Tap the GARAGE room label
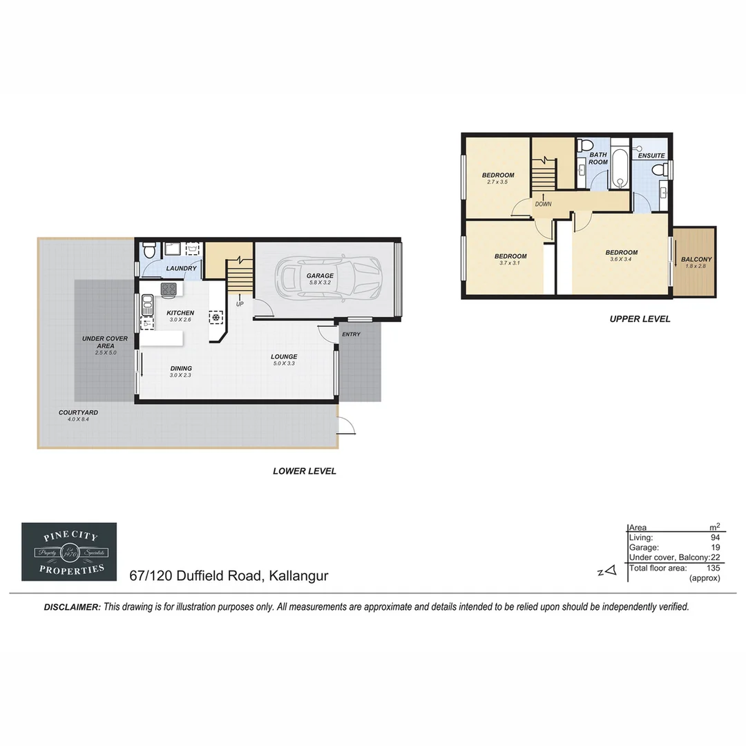point(320,276)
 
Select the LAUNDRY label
point(182,269)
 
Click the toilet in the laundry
point(148,251)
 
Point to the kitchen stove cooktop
point(169,289)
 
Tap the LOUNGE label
point(284,356)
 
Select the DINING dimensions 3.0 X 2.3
point(180,376)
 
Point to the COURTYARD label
point(78,412)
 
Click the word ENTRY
point(351,334)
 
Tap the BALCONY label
point(696,260)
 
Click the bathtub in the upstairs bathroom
point(620,169)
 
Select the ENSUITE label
point(651,156)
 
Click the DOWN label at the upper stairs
point(543,204)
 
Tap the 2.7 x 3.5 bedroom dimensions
point(497,182)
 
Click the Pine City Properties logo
point(69,551)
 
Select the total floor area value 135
point(713,568)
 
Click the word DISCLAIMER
point(72,607)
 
